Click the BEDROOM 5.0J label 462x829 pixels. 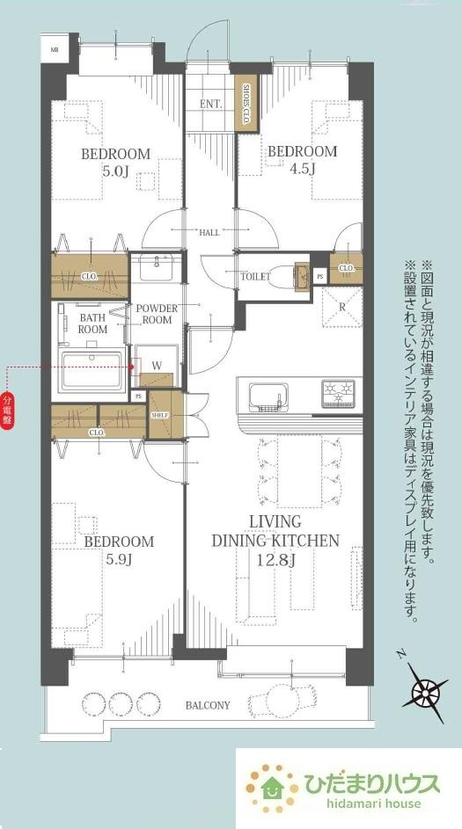(x=115, y=162)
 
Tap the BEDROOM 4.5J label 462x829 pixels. (x=302, y=159)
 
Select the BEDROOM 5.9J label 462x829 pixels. (x=119, y=549)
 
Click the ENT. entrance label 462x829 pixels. (x=210, y=104)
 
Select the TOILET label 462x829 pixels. (x=255, y=276)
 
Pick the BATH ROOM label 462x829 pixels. (x=93, y=323)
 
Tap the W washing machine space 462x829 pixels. (x=156, y=364)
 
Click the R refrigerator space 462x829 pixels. (x=341, y=307)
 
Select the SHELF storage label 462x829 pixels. (x=159, y=416)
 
